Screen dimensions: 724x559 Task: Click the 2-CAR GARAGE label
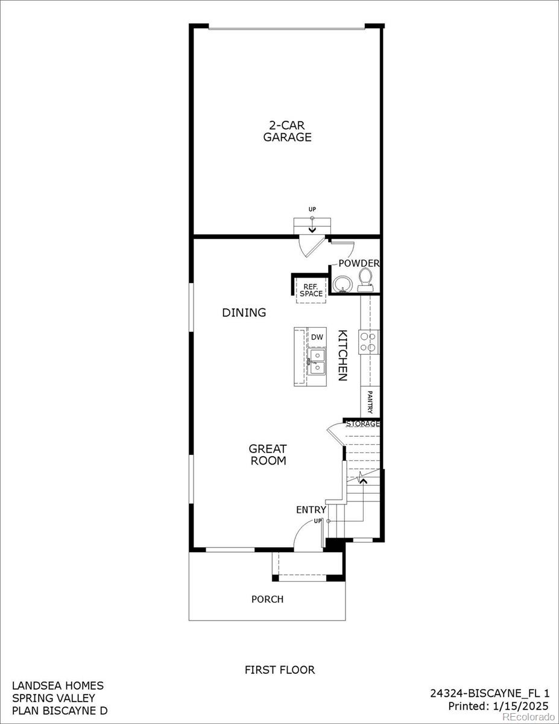coord(287,131)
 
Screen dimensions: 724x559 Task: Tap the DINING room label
coord(244,313)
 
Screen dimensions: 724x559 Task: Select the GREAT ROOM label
coord(267,454)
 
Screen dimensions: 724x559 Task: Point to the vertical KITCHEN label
coord(342,355)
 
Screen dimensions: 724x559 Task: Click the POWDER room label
coord(358,264)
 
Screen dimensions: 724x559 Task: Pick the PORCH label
coord(267,599)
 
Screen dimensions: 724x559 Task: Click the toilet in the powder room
coord(365,279)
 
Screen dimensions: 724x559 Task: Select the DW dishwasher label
coord(317,337)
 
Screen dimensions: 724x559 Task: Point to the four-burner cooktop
coord(368,342)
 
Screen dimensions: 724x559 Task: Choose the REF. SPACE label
coord(312,290)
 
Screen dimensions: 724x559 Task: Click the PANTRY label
coord(370,402)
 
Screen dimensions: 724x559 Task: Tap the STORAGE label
coord(362,424)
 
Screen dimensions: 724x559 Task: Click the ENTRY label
coord(311,510)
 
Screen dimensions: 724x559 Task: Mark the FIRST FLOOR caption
coord(279,670)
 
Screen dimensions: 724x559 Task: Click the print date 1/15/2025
coord(522,705)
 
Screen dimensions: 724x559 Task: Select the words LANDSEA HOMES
coord(58,685)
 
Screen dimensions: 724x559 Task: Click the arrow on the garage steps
coord(312,229)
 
